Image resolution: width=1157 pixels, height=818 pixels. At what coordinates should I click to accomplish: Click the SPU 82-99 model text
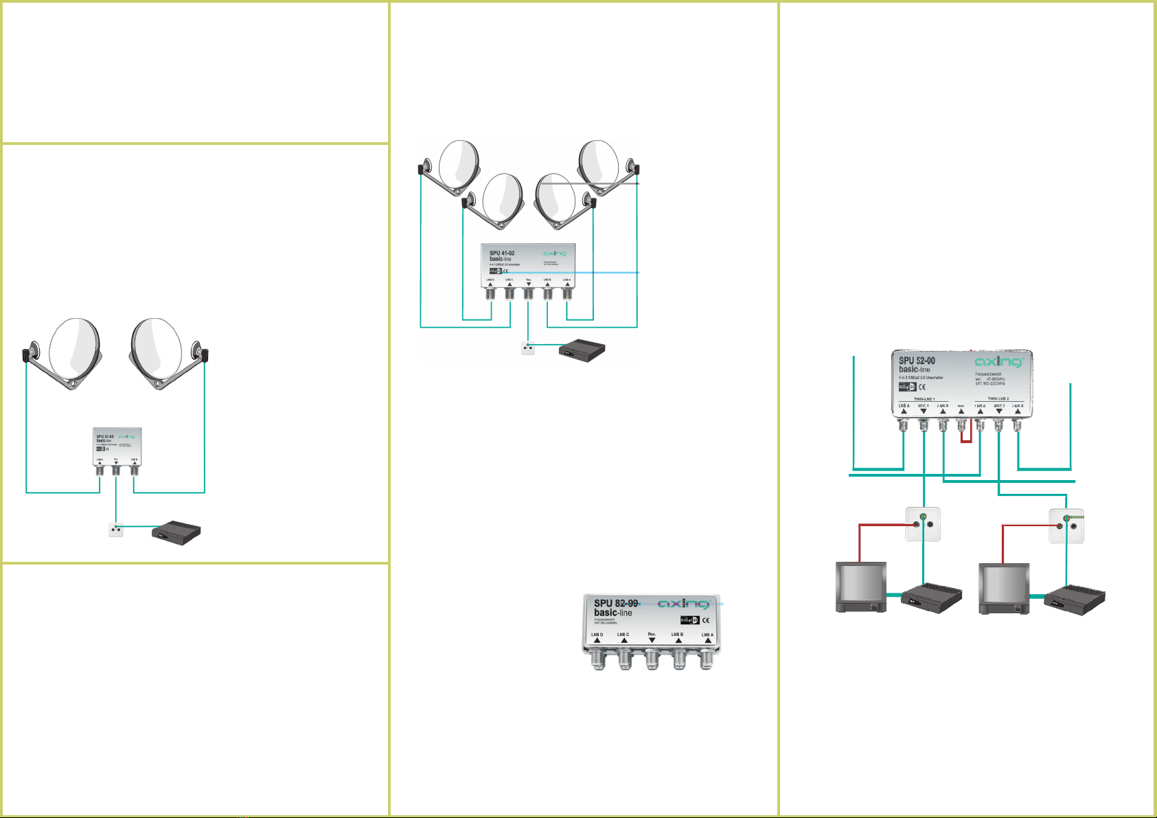click(x=616, y=603)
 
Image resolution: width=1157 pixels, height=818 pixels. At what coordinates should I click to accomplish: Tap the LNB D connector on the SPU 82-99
click(x=597, y=659)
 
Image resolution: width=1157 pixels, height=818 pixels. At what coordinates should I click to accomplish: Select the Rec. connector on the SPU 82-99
click(x=652, y=659)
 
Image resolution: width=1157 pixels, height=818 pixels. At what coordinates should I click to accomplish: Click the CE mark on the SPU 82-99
click(x=706, y=620)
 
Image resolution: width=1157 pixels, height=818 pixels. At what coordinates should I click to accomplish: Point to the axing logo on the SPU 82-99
click(x=683, y=604)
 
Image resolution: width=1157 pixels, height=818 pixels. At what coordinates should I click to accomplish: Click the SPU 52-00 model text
click(x=917, y=361)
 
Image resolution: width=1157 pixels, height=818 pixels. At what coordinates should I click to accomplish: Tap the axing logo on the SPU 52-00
click(x=998, y=362)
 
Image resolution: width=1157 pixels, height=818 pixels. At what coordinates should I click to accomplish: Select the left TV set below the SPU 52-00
click(x=860, y=587)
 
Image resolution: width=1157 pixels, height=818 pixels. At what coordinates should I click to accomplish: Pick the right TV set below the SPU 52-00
click(x=1003, y=588)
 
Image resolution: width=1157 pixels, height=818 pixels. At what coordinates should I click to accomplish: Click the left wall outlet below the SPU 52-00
click(x=923, y=524)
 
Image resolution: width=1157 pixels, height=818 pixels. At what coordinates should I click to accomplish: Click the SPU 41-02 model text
click(x=502, y=253)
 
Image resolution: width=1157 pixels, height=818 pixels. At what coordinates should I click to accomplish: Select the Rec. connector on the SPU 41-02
click(x=528, y=294)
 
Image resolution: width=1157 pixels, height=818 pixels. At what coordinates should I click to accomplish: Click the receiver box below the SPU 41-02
click(x=582, y=350)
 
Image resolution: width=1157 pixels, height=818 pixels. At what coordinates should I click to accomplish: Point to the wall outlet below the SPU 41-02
click(x=528, y=348)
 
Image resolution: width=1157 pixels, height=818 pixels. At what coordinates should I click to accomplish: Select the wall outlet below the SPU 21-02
click(x=116, y=530)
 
